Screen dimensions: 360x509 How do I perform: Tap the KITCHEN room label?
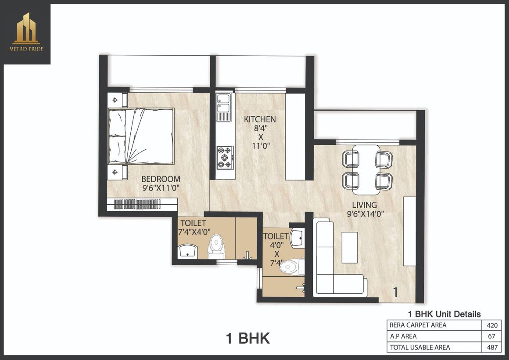click(x=260, y=119)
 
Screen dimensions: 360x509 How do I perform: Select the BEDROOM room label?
click(x=161, y=179)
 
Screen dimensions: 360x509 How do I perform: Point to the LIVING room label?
click(x=365, y=205)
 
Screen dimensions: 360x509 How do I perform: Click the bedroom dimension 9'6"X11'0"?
click(x=161, y=188)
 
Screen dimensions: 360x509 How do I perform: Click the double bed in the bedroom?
click(x=141, y=137)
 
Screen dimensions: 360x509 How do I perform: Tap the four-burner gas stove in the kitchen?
click(x=225, y=158)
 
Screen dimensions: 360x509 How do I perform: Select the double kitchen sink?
click(x=223, y=107)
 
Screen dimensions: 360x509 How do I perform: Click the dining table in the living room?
click(x=366, y=169)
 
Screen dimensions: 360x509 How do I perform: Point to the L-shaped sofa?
click(x=333, y=263)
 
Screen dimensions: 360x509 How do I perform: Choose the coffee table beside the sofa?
click(x=350, y=247)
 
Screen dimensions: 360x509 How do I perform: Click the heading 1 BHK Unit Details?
click(x=444, y=314)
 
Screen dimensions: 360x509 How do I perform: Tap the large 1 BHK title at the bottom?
click(x=247, y=338)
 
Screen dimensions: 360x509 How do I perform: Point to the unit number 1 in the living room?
click(x=395, y=292)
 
